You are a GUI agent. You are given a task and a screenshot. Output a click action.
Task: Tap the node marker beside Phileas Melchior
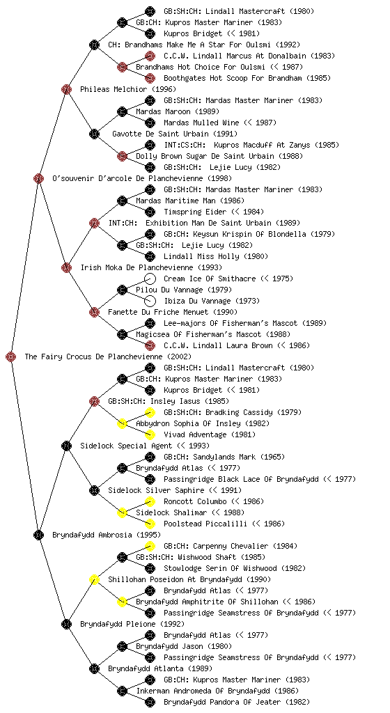click(66, 89)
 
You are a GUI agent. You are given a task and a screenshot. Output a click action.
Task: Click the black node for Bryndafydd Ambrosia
click(38, 535)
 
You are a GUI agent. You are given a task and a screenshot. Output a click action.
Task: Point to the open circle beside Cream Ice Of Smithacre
click(150, 279)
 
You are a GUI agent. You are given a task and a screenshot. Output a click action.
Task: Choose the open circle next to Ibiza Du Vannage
click(150, 301)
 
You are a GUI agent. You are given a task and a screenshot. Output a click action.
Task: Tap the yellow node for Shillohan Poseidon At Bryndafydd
click(94, 579)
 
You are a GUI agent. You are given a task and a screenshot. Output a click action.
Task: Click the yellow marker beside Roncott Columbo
click(150, 501)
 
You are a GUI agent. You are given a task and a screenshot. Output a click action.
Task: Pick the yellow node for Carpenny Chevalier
click(150, 546)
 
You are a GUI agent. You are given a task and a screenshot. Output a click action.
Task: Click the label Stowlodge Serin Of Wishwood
click(220, 568)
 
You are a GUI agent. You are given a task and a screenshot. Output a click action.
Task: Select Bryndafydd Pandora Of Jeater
click(222, 702)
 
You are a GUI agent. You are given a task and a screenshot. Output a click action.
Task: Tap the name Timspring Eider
click(195, 212)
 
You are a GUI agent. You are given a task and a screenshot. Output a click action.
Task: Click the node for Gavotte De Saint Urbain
click(94, 134)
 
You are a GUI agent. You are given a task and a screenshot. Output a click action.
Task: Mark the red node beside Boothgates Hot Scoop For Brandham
click(150, 78)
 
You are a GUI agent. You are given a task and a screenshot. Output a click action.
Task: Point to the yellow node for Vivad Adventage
click(150, 434)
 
